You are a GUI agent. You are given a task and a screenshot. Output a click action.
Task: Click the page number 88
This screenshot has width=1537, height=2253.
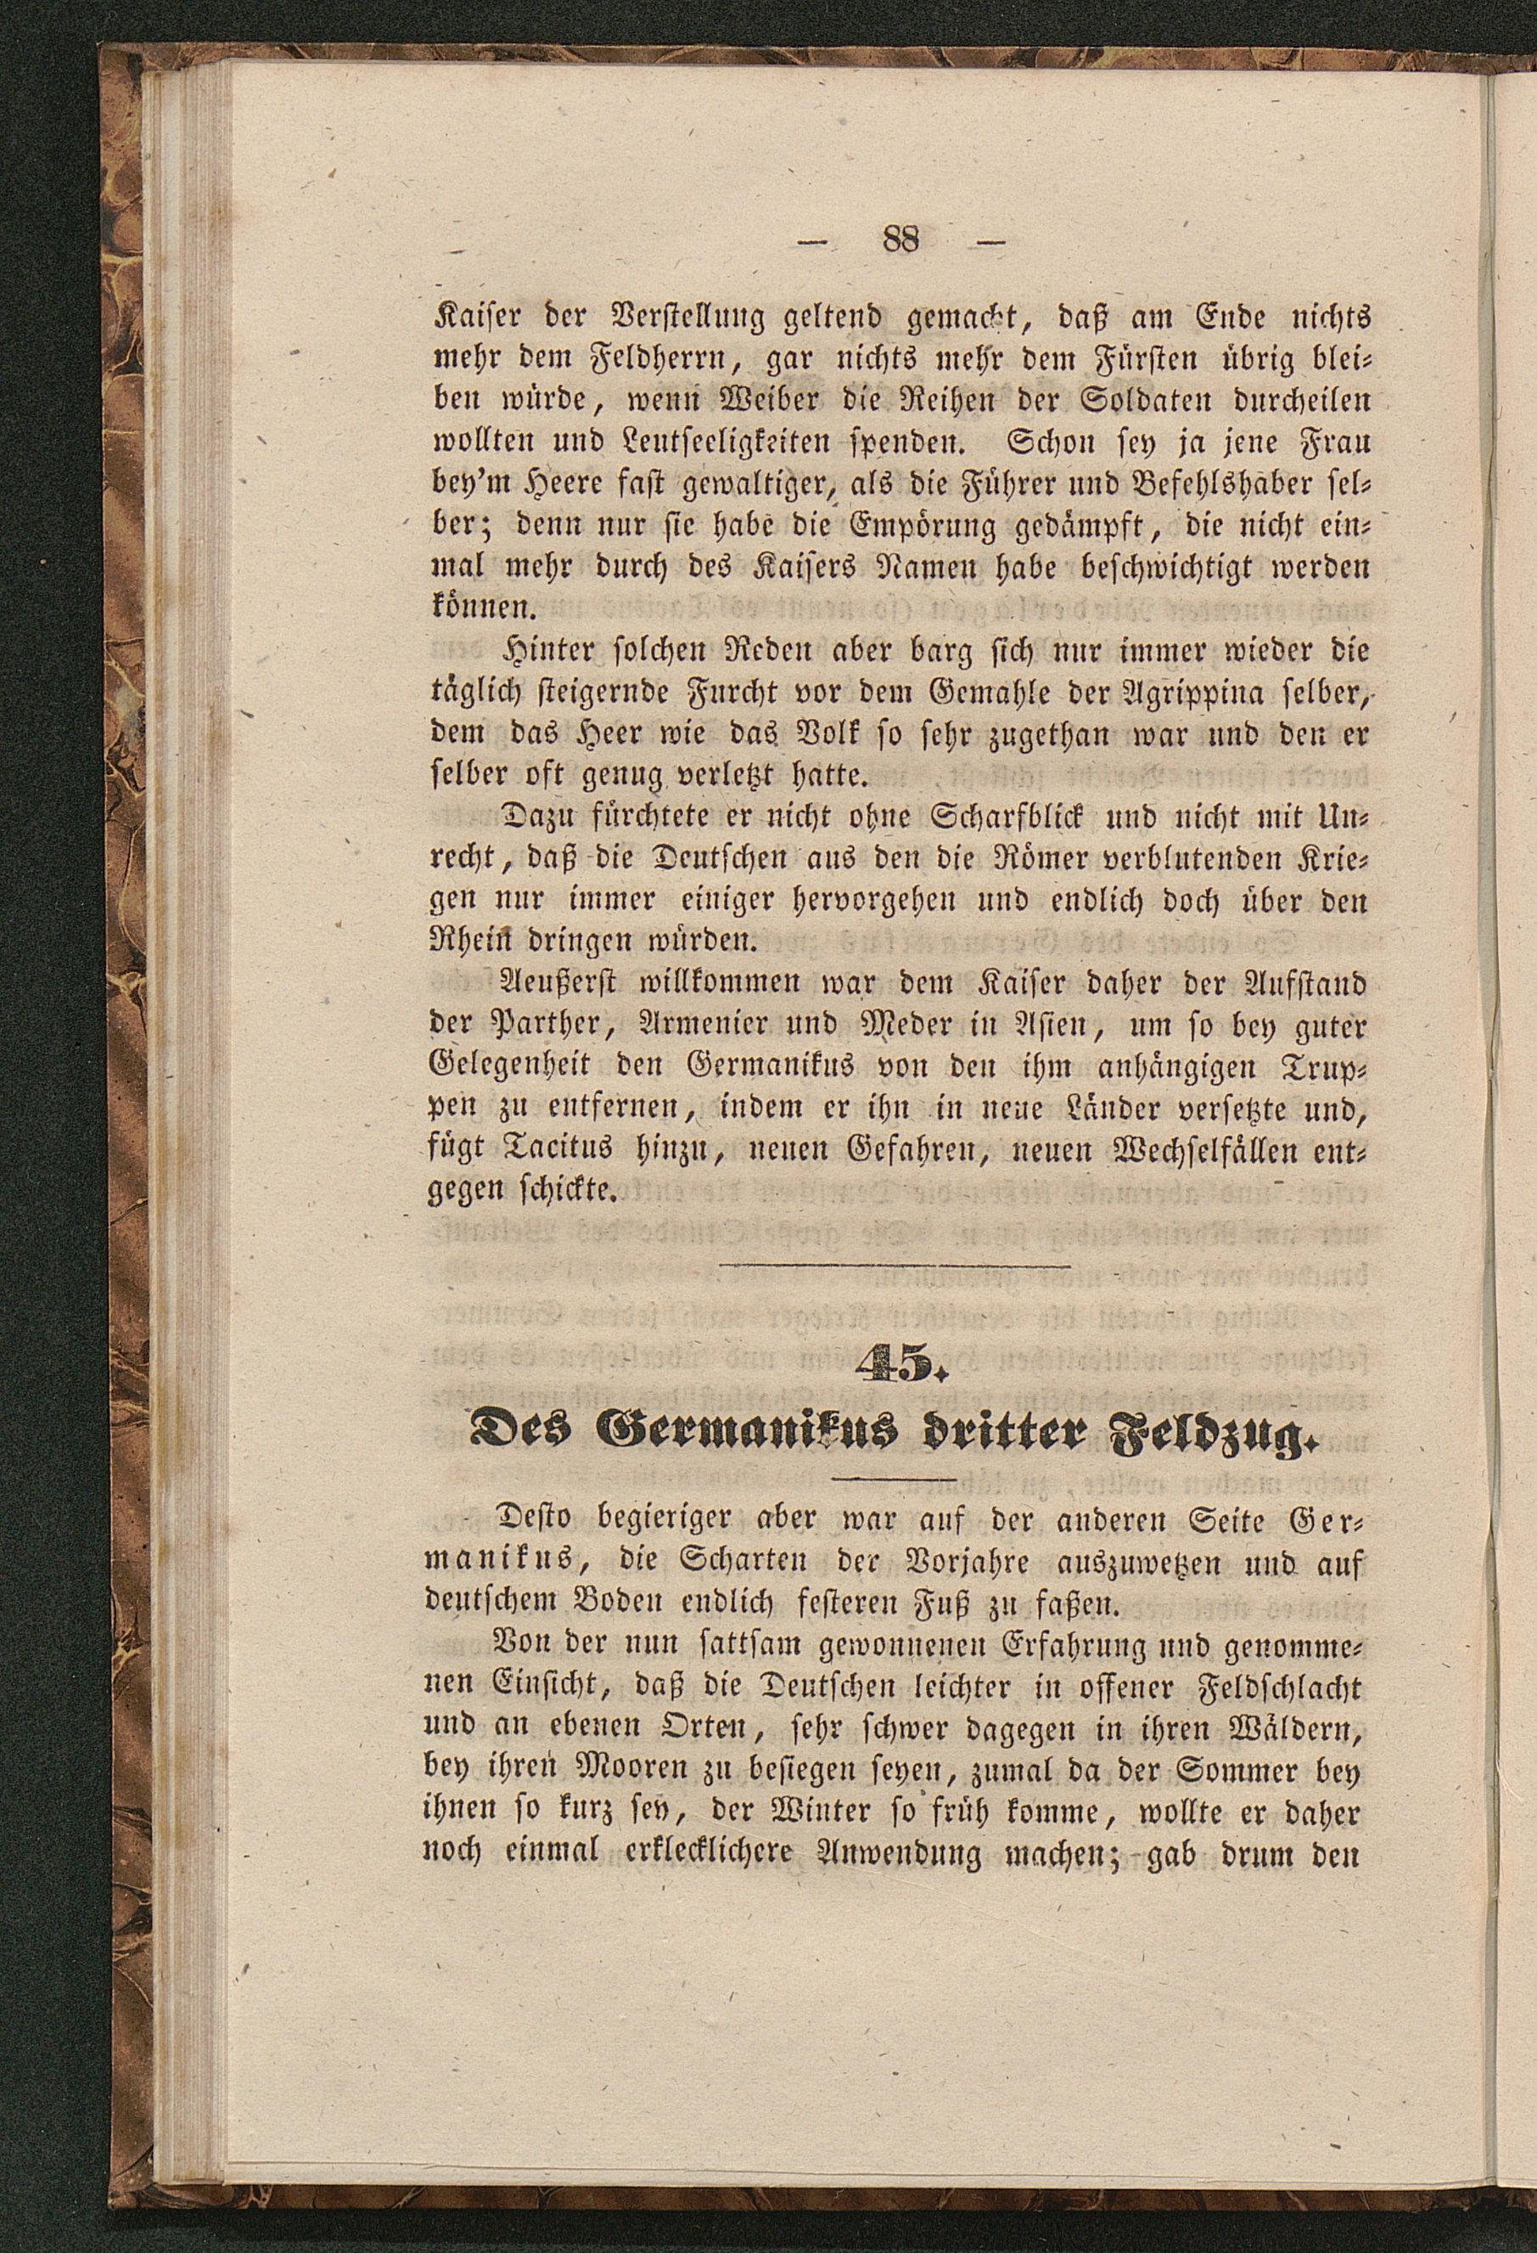[900, 239]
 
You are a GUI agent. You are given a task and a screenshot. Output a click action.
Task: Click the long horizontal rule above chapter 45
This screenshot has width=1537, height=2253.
[895, 1266]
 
